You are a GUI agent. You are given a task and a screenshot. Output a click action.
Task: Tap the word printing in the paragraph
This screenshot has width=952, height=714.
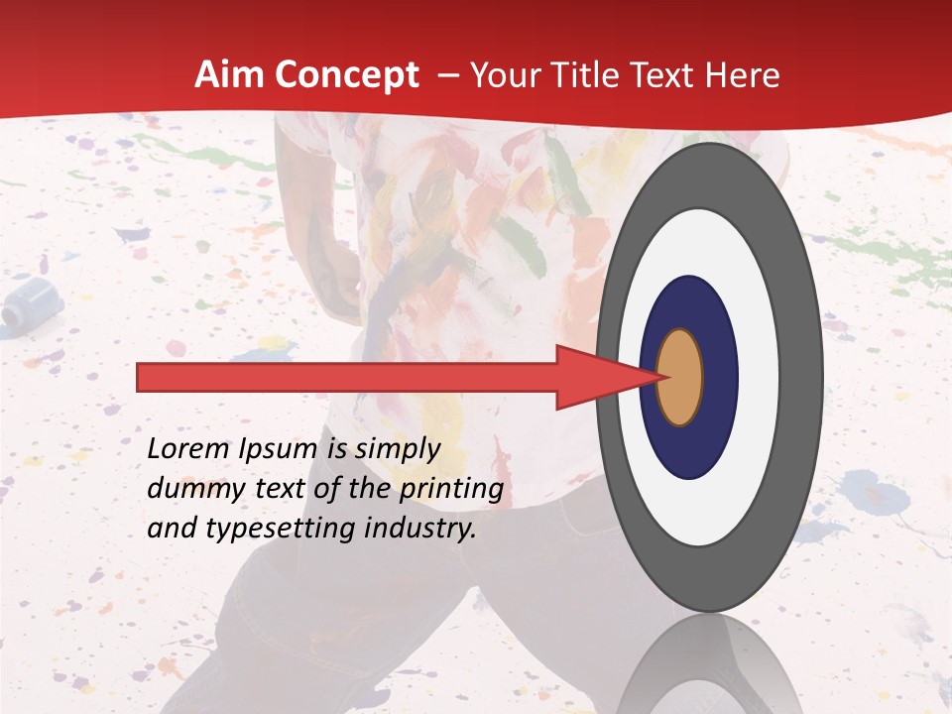click(451, 490)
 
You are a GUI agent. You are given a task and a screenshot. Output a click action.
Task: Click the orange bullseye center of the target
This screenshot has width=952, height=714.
click(679, 377)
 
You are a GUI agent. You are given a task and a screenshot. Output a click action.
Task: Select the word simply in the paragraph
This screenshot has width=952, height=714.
click(398, 450)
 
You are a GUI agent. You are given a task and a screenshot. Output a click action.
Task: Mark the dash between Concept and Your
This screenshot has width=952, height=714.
click(447, 76)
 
